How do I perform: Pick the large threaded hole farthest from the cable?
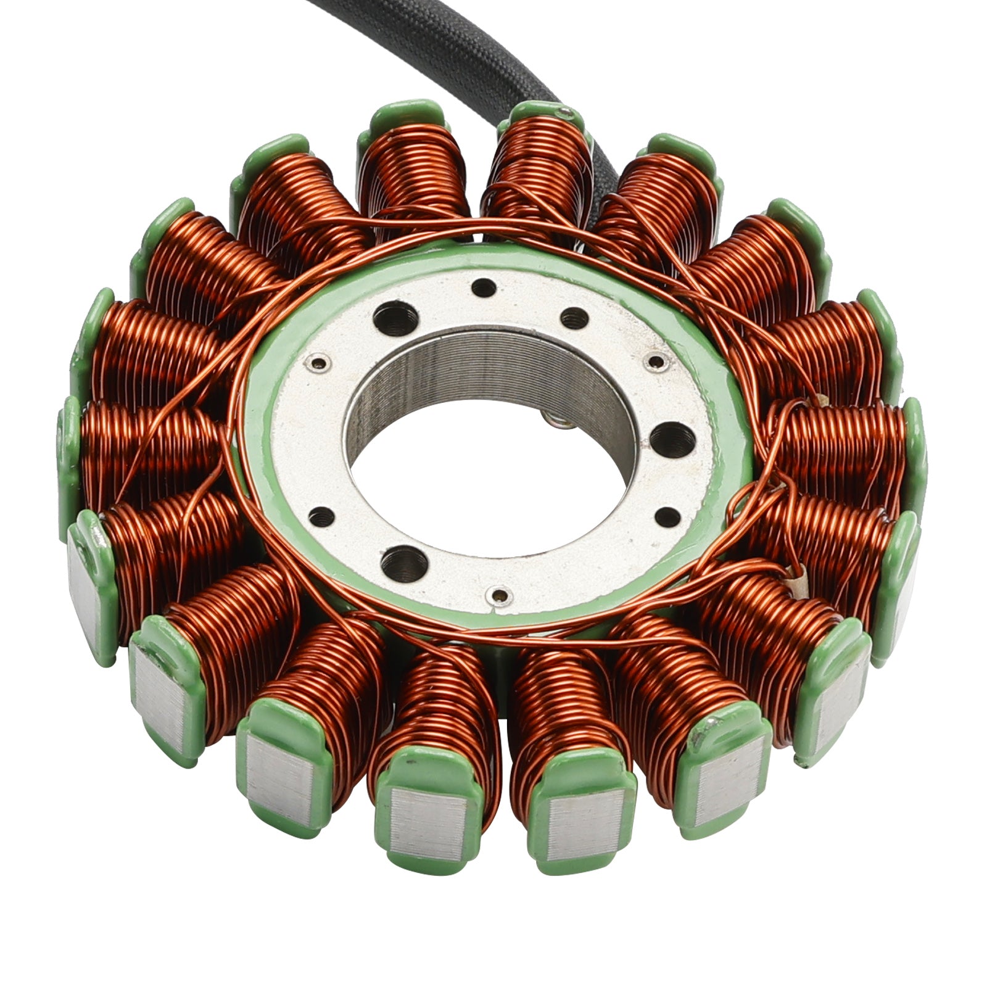[404, 562]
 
